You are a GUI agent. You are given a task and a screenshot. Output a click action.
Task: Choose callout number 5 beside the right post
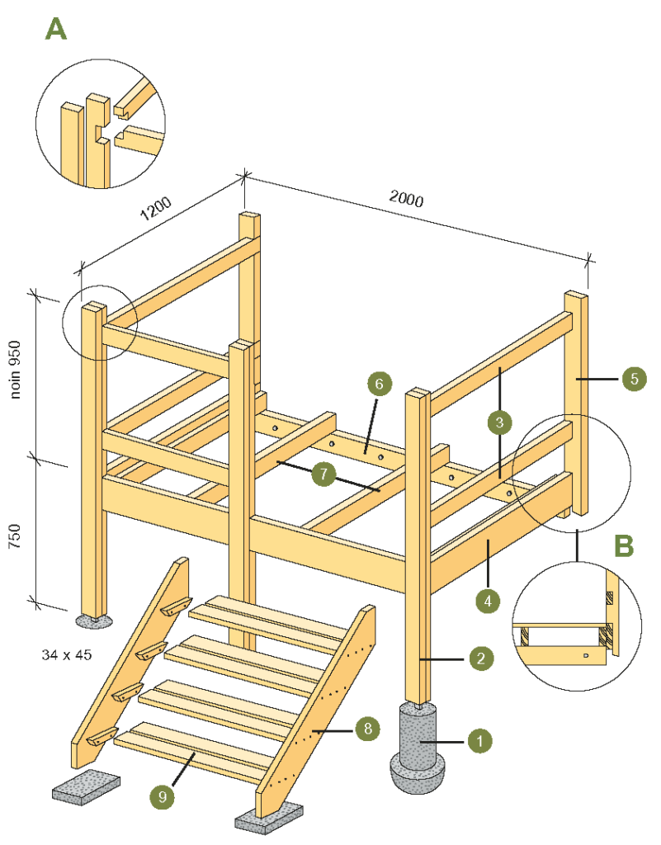[634, 379]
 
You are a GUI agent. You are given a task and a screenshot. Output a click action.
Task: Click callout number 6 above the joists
[379, 384]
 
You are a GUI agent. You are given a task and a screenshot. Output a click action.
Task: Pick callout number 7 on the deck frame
[323, 474]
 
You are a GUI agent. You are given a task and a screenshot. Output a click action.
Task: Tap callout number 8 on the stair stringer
[369, 728]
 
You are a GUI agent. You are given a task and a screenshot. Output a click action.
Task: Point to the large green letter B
[624, 545]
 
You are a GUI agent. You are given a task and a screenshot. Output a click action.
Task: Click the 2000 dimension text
[405, 199]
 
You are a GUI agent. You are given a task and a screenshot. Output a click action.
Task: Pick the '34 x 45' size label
[66, 654]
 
